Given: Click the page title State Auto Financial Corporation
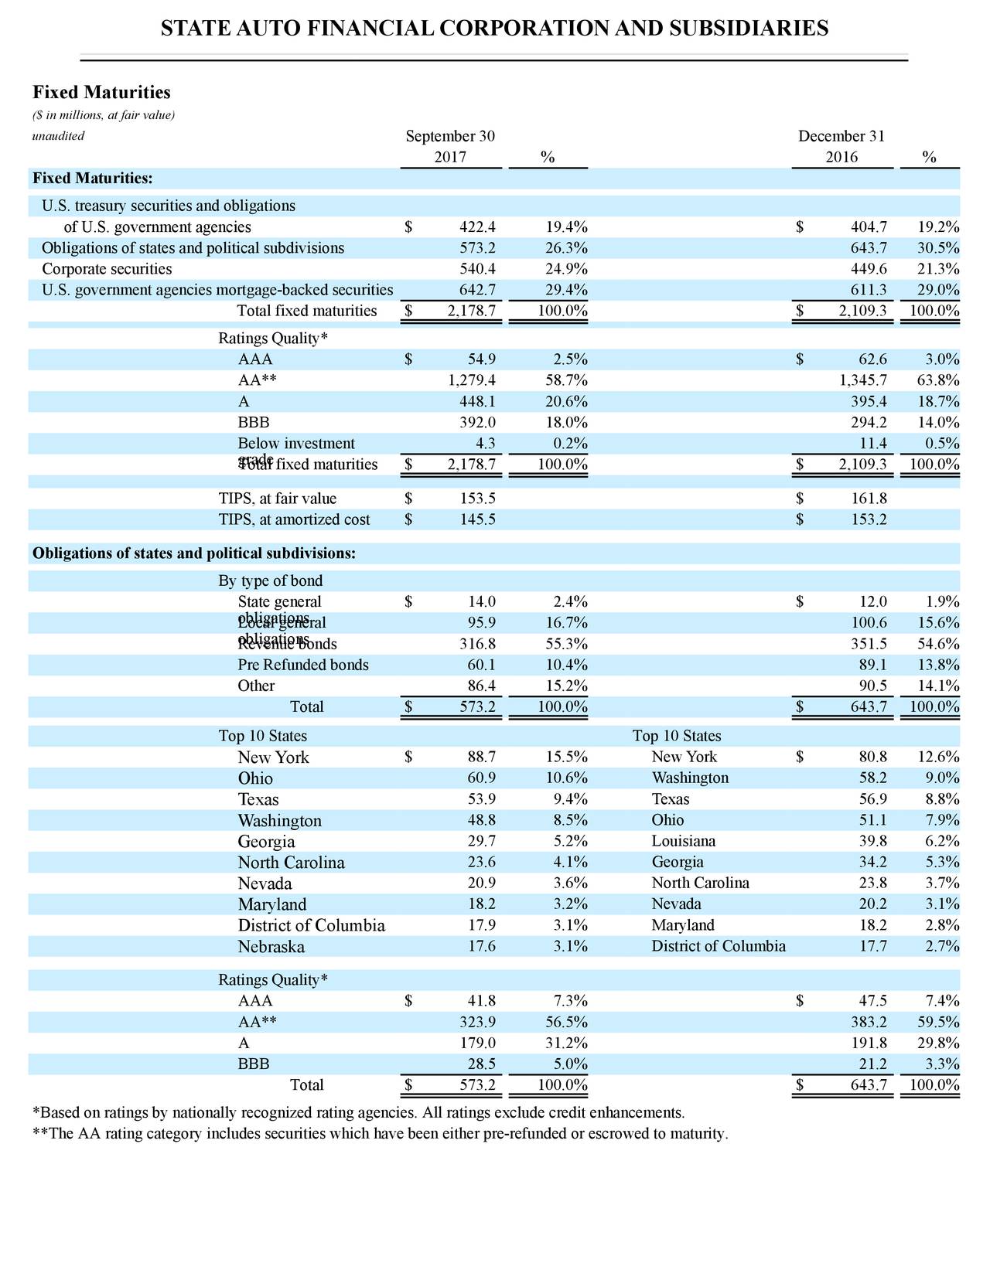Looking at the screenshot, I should point(494,29).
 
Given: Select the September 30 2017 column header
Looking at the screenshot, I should point(450,147).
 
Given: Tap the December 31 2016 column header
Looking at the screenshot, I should point(841,147).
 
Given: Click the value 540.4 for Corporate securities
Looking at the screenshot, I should point(477,269).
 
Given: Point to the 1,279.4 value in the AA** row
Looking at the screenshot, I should point(472,380).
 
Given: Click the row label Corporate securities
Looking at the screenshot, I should point(107,269).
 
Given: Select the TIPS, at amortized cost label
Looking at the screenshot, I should point(294,519).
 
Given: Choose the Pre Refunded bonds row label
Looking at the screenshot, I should point(303,665).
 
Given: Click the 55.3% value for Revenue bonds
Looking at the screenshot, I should point(564,644).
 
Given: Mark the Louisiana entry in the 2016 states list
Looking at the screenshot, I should point(684,841).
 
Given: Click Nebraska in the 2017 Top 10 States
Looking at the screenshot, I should point(271,947).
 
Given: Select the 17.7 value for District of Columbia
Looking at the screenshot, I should point(872,946).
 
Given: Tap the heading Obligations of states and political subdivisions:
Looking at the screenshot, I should point(194,553).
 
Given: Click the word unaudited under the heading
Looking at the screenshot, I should point(58,136).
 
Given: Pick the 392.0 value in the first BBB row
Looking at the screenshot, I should point(477,423).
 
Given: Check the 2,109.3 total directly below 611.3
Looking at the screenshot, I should point(859,311).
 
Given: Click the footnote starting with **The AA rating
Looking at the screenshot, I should point(380,1134).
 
